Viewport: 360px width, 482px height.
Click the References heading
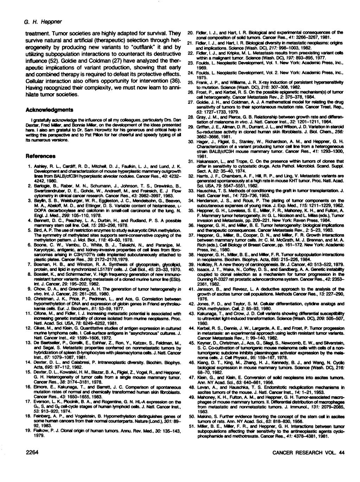click(41, 155)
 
